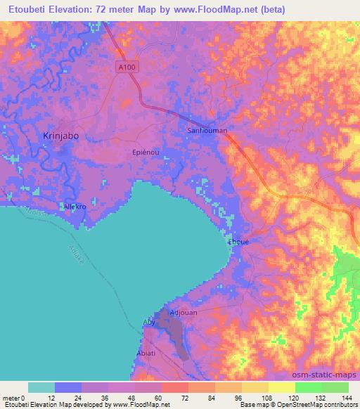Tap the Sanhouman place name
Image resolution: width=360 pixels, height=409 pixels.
pyautogui.click(x=207, y=130)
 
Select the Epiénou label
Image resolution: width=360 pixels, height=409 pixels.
pyautogui.click(x=145, y=151)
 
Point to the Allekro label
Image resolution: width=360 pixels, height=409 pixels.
pyautogui.click(x=75, y=209)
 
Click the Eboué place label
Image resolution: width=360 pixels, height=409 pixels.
pyautogui.click(x=239, y=241)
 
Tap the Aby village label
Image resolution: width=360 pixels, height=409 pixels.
pyautogui.click(x=148, y=322)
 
